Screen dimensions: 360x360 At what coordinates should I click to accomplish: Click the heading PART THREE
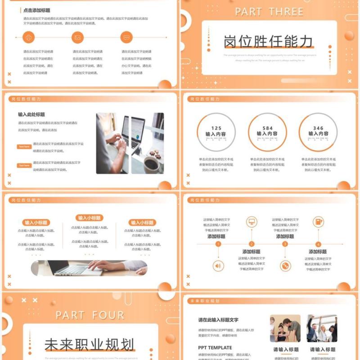coord(269,12)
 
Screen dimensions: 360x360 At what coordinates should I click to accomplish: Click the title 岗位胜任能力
coord(269,41)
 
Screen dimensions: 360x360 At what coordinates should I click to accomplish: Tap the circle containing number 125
coord(216,131)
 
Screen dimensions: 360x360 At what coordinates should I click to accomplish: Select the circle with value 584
coord(267,131)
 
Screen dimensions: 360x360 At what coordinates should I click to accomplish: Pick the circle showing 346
coord(318,131)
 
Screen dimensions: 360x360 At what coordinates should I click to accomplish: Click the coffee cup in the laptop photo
coord(151,164)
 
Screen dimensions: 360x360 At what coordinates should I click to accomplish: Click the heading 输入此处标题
coord(31,114)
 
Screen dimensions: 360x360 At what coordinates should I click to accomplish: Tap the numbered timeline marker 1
coord(218,244)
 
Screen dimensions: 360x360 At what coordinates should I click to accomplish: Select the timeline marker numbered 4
coord(318,244)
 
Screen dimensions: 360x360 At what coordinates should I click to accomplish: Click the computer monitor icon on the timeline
coord(252,221)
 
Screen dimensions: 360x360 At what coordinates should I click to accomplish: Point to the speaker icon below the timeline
coord(218,266)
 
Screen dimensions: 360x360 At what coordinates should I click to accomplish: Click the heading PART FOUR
coord(90,315)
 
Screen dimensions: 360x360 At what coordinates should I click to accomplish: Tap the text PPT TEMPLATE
coord(215,347)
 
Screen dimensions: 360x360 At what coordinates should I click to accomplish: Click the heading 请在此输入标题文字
coord(218,320)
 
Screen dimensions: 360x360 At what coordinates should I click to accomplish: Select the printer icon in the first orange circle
coord(29,37)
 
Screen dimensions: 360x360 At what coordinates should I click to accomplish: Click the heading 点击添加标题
coord(36,10)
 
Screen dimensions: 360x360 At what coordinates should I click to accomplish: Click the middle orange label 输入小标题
coord(89,218)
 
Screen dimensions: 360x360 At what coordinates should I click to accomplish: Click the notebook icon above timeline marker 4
coord(318,221)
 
